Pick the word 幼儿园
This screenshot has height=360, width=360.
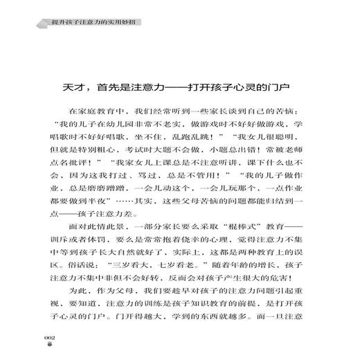tap(120, 125)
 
